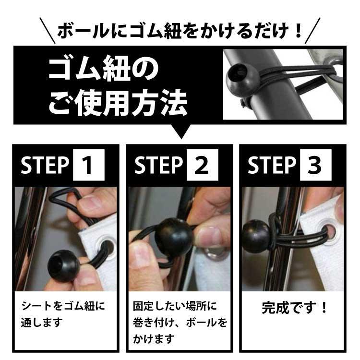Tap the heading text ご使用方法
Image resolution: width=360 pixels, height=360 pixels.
click(x=118, y=103)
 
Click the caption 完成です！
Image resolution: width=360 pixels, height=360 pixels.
click(x=293, y=307)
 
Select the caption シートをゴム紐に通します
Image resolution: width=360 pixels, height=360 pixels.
click(x=62, y=313)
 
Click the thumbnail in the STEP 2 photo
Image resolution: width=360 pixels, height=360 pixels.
click(x=210, y=236)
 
